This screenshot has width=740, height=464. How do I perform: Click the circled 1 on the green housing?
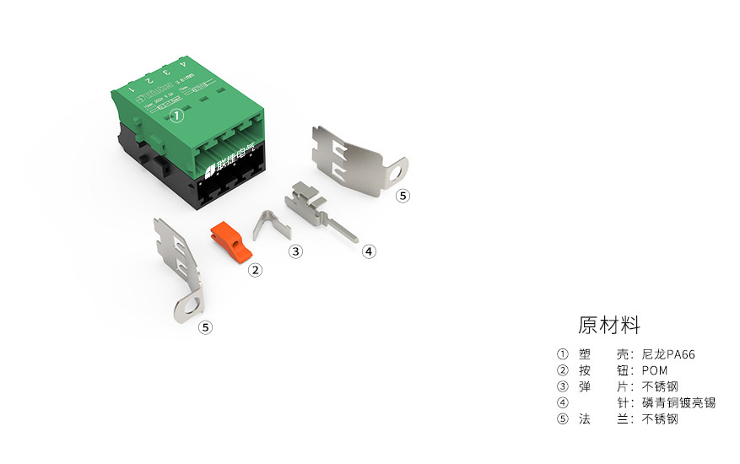(176, 116)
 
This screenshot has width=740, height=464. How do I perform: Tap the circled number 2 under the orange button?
(255, 271)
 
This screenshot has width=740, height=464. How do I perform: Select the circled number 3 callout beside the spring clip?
(295, 251)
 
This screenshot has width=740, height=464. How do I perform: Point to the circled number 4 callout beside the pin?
(369, 251)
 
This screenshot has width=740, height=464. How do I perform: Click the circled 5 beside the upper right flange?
(402, 196)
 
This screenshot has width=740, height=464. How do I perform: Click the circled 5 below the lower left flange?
(205, 327)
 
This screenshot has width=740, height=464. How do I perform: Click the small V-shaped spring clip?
(272, 225)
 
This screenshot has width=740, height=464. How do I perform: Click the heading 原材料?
(609, 325)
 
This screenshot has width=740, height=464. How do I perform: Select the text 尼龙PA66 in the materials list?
(668, 354)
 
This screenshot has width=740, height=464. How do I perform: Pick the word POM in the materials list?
(655, 370)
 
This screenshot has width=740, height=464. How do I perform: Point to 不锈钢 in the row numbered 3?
(660, 386)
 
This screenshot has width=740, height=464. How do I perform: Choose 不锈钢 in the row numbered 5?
(660, 418)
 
